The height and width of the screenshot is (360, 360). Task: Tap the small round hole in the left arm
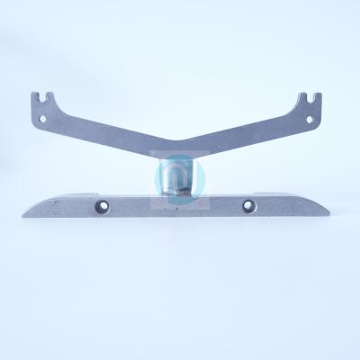(x=39, y=116)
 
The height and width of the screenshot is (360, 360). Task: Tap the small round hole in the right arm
(x=314, y=115)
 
